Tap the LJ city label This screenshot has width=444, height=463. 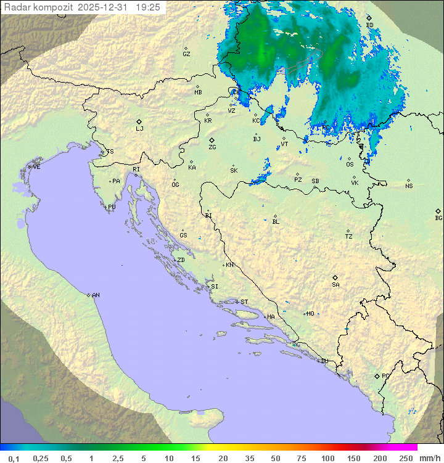(x=139, y=129)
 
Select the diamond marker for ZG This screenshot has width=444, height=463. (x=212, y=141)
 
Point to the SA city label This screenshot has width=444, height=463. (x=335, y=285)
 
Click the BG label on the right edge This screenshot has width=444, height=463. (x=438, y=218)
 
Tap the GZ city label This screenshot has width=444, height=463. (x=186, y=54)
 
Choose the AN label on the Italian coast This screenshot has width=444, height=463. (x=96, y=295)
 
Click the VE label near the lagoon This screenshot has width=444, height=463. (x=36, y=167)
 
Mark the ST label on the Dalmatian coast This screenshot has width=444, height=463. (x=244, y=302)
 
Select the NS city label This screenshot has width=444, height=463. (x=409, y=186)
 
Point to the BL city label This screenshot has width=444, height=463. (x=276, y=222)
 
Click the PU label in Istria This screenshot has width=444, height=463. (x=112, y=207)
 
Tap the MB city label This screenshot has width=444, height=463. (x=198, y=92)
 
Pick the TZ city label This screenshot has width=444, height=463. (x=348, y=237)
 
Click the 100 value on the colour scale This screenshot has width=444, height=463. (x=327, y=458)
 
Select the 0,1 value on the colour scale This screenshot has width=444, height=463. (x=14, y=458)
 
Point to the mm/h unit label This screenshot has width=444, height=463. (x=429, y=458)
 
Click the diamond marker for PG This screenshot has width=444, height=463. (x=377, y=376)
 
